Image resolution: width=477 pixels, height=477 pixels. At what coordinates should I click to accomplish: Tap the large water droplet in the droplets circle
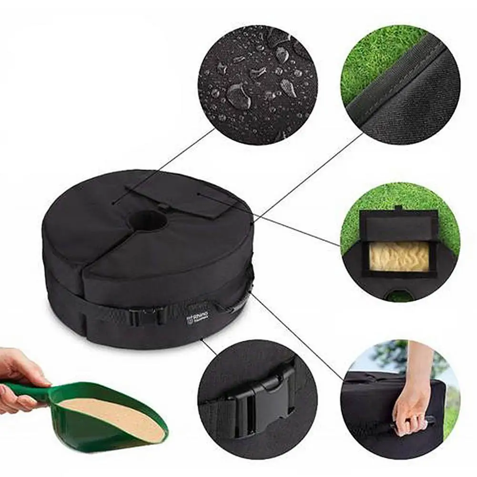click(x=238, y=95)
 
